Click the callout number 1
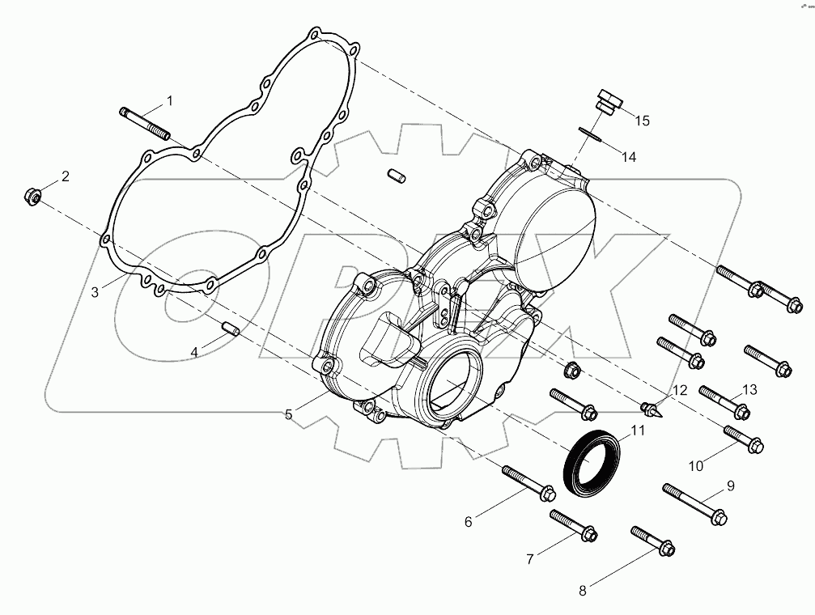pyautogui.click(x=170, y=101)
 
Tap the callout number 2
pyautogui.click(x=66, y=176)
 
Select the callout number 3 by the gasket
pyautogui.click(x=95, y=292)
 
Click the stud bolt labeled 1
pyautogui.click(x=142, y=122)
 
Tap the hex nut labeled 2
pyautogui.click(x=33, y=196)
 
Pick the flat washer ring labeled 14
pyautogui.click(x=592, y=134)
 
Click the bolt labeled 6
pyautogui.click(x=528, y=482)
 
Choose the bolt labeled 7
pyautogui.click(x=573, y=525)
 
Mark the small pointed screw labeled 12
pyautogui.click(x=653, y=407)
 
